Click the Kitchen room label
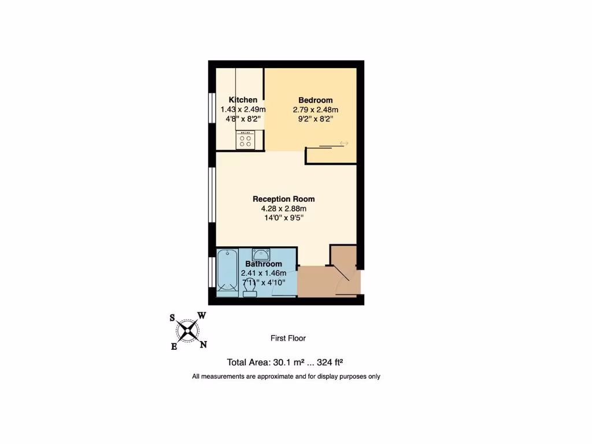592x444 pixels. click(243, 99)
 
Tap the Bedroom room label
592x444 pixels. click(315, 100)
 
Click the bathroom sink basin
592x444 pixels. click(261, 253)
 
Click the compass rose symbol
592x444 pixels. click(188, 331)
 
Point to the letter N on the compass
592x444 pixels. click(203, 345)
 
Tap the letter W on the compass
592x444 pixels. click(202, 315)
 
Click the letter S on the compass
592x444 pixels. click(172, 317)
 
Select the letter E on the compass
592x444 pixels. click(174, 346)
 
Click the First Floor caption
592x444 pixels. click(288, 338)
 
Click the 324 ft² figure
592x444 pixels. click(331, 362)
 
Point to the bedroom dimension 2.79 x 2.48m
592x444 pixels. click(315, 109)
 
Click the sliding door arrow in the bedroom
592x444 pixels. click(344, 143)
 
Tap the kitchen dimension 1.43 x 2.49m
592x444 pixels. click(243, 109)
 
